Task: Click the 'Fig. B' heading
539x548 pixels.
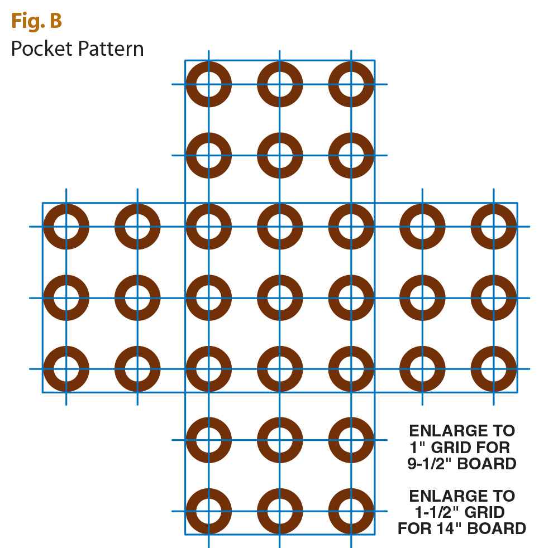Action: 36,21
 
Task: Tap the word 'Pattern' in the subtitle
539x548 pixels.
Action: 110,49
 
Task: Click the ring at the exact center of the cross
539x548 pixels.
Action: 280,297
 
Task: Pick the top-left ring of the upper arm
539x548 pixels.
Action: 208,84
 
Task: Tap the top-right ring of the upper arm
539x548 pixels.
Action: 351,84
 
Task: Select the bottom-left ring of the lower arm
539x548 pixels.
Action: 208,511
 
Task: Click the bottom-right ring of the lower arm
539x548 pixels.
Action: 351,511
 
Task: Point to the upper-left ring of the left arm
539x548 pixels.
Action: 66,227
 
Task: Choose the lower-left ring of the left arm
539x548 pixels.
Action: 66,369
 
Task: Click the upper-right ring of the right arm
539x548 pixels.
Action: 494,227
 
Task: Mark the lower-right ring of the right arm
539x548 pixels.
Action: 494,369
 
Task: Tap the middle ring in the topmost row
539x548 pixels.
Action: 280,84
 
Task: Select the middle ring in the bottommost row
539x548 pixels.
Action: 280,511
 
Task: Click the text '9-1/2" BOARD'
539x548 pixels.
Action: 462,463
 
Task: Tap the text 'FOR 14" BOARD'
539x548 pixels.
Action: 462,528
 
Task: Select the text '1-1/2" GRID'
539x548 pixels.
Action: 459,512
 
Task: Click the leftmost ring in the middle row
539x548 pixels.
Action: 66,297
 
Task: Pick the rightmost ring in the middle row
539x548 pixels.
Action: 494,297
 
